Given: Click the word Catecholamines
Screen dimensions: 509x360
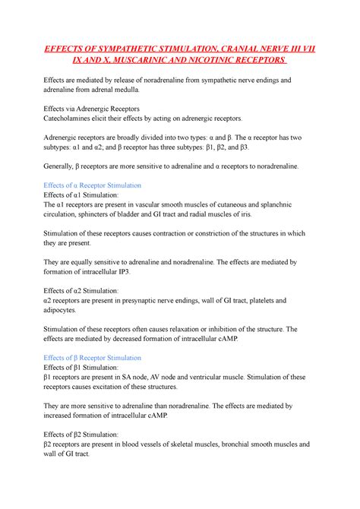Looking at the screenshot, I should pos(72,119).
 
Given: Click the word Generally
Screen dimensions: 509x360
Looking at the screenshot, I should pos(62,166).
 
